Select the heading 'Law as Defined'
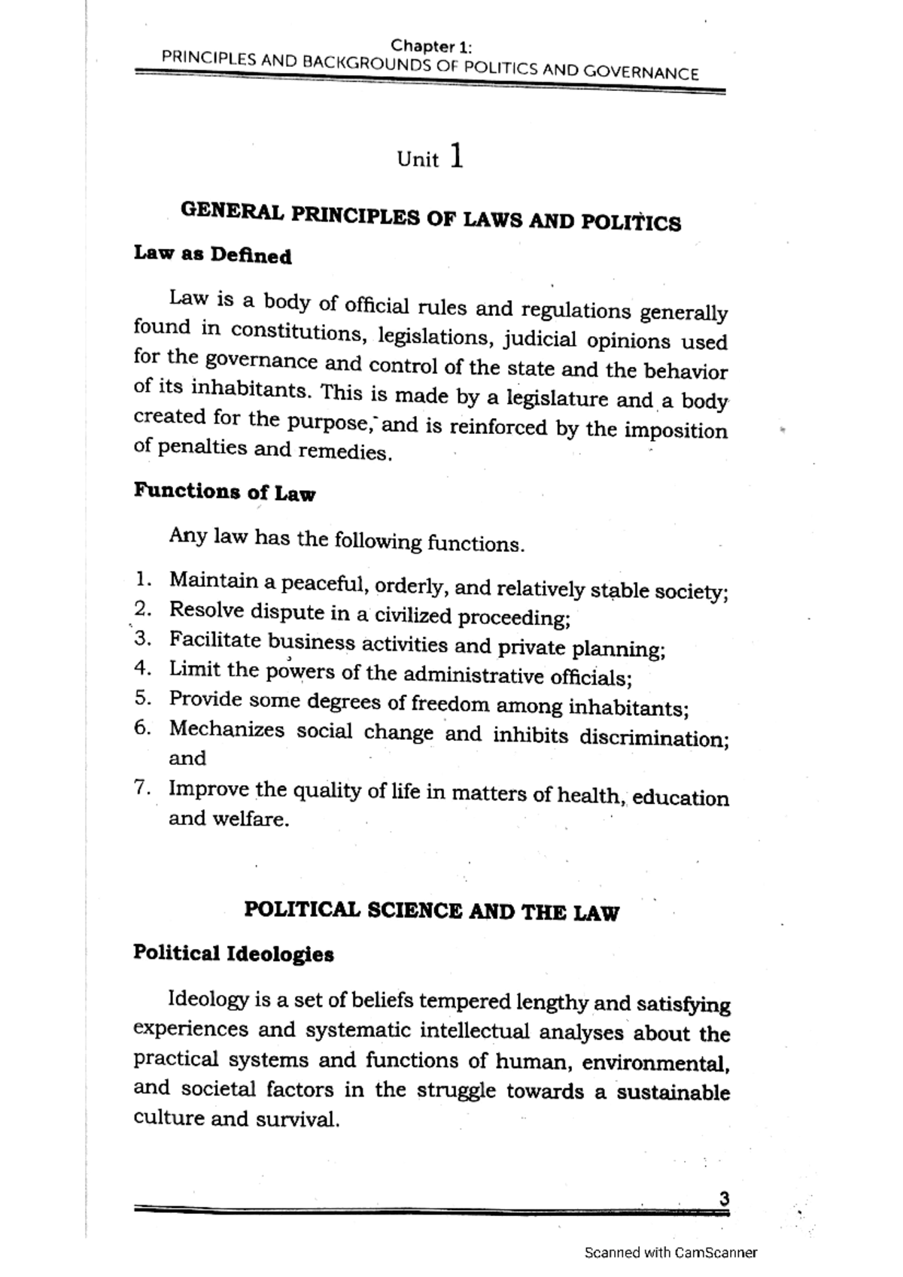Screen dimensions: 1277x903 click(213, 255)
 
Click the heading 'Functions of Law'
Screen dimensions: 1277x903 click(224, 492)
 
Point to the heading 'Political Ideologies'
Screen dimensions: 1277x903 click(233, 954)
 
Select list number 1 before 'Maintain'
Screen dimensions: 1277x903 click(143, 579)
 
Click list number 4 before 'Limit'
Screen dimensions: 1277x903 click(143, 668)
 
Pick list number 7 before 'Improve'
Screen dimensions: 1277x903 click(142, 787)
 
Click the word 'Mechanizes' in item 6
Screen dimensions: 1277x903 click(227, 729)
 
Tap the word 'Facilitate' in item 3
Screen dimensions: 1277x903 click(215, 640)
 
